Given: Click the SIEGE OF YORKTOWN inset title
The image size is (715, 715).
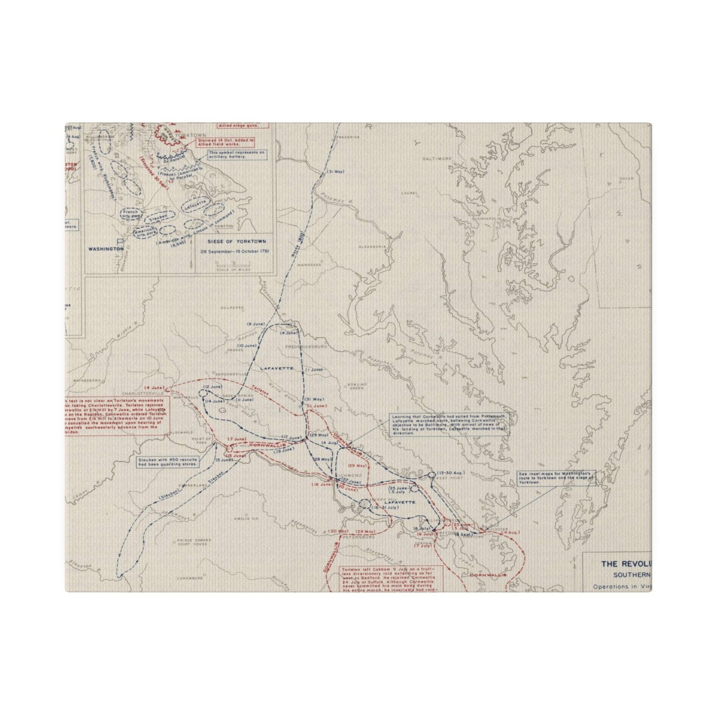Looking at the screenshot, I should coord(233,241).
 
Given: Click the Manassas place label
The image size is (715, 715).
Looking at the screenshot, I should coord(312,265).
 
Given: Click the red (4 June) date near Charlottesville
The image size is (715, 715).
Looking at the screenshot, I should coord(153,386).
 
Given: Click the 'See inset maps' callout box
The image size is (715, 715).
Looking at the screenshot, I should coord(556,477).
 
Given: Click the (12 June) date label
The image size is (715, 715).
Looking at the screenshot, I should coord(212,386).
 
